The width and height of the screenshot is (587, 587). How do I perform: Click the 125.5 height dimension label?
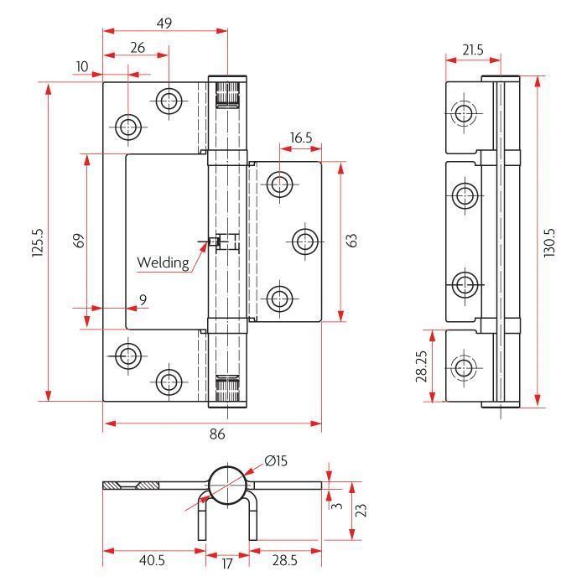(x=38, y=242)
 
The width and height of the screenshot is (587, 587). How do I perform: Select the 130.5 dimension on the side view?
(x=549, y=242)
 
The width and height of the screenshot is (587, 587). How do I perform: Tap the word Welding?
(x=163, y=262)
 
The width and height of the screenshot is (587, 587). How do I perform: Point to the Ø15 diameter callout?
(x=276, y=460)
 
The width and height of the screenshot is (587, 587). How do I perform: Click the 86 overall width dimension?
(x=217, y=434)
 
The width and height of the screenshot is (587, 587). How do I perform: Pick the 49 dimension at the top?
(x=164, y=23)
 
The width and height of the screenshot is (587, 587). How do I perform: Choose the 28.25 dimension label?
(x=421, y=366)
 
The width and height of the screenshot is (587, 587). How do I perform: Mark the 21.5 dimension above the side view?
(x=473, y=49)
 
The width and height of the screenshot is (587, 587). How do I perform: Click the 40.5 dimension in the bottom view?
(x=152, y=560)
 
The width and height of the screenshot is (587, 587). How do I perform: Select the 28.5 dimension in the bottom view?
(x=285, y=560)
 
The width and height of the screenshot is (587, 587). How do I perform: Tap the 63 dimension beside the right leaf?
(x=351, y=241)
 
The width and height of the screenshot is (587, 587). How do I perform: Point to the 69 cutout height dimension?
(x=79, y=241)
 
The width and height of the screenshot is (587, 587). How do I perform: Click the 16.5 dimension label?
(x=301, y=138)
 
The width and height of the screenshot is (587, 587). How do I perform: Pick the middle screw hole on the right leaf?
(x=305, y=242)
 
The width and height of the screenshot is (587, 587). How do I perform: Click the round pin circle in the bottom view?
(x=227, y=486)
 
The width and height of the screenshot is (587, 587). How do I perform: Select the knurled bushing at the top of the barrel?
(x=227, y=94)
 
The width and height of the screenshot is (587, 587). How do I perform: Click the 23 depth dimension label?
(x=361, y=510)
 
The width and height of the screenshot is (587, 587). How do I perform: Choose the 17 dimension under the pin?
(x=227, y=564)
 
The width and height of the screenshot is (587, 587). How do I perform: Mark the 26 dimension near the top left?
(x=138, y=48)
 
